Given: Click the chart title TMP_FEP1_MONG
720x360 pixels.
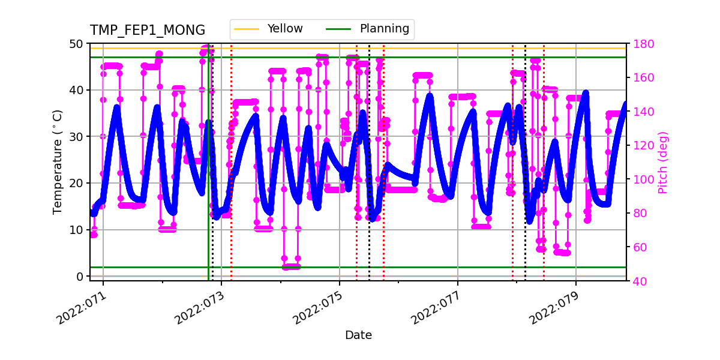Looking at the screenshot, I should pos(148,31).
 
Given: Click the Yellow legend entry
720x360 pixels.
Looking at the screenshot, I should pos(285,29).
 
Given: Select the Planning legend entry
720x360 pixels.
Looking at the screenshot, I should pos(384,29).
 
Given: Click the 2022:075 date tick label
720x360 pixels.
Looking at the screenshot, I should pos(318,306).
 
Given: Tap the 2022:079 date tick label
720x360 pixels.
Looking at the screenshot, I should pos(554,306).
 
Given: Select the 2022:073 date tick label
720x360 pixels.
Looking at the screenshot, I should pos(200,306).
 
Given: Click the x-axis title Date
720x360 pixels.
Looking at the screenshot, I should pos(358,335).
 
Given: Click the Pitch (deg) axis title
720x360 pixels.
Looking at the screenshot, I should pos(662,162).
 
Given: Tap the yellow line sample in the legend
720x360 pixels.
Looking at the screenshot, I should pos(247,29).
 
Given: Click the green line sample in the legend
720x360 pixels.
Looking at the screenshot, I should pos(340,29).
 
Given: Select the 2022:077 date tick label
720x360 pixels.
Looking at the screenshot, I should pos(436,306).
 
